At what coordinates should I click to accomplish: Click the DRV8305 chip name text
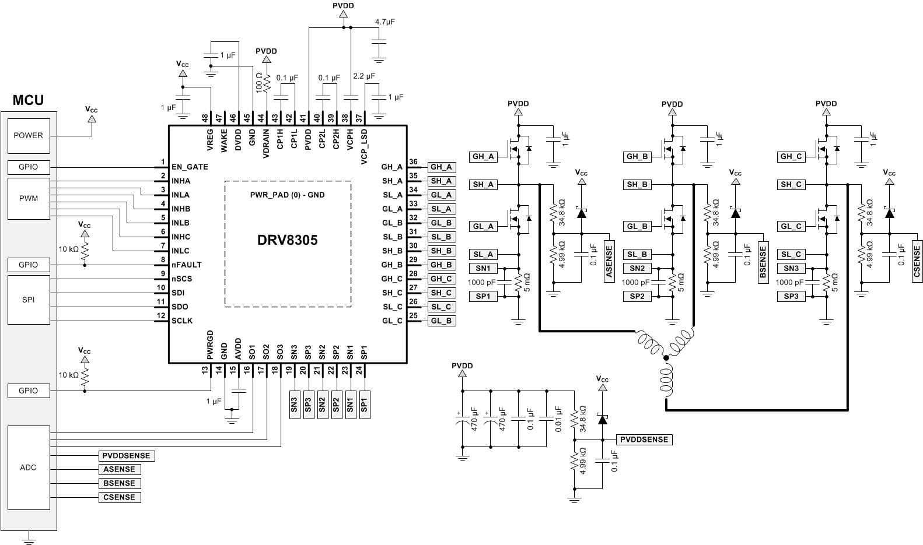coord(288,240)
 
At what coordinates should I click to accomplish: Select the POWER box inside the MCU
coord(29,135)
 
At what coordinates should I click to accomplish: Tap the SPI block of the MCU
coord(29,300)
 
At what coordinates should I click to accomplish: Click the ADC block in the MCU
coord(29,467)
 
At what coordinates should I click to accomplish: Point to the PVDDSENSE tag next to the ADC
coord(127,456)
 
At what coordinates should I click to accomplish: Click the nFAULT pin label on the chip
coord(187,265)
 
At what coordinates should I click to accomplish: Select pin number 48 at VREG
coord(205,117)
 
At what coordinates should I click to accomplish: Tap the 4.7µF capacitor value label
coord(385,22)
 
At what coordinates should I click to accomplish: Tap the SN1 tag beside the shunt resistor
coord(485,268)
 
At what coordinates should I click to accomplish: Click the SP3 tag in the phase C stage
coord(791,296)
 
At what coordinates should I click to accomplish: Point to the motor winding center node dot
coord(666,358)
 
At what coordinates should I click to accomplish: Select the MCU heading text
coord(28,100)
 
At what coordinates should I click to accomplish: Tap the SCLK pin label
coord(182,321)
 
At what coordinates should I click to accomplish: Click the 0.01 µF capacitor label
coord(558,419)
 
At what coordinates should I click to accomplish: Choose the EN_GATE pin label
coord(190,167)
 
